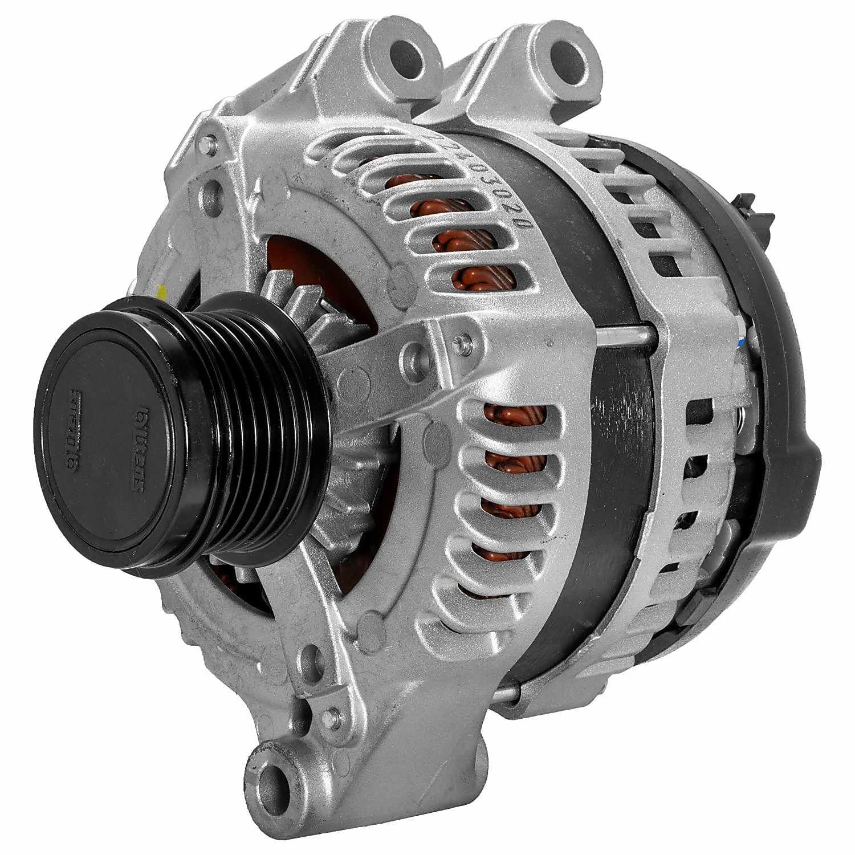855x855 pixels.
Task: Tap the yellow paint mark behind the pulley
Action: click(x=162, y=292)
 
